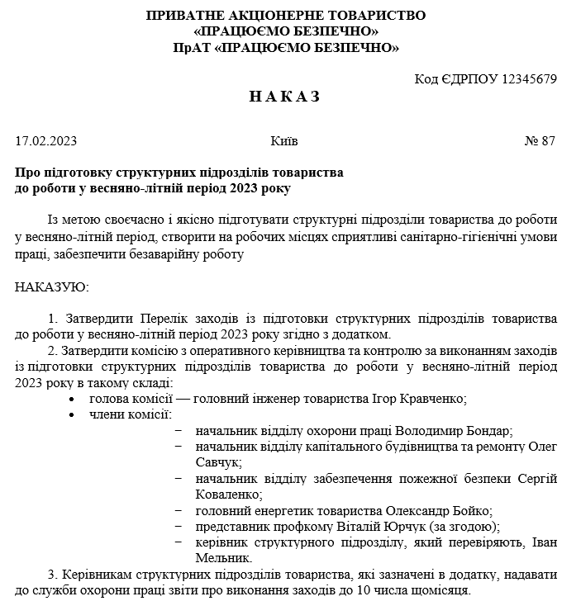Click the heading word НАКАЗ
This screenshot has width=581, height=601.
284,97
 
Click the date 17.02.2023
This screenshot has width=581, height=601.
46,141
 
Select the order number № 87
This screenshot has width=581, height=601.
541,141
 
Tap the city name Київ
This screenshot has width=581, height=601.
284,141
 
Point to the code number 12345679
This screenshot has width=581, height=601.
523,79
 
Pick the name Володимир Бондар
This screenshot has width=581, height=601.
455,431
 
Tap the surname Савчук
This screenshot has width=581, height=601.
219,462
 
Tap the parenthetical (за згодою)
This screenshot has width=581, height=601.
466,526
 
